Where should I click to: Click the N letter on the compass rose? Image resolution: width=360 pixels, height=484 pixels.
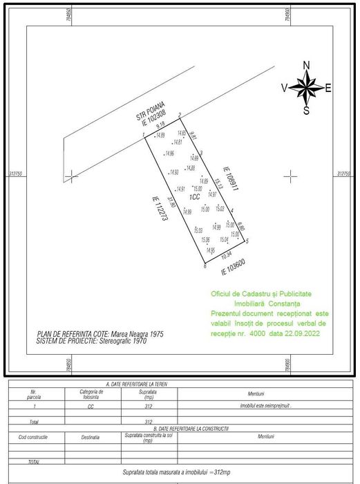(306, 66)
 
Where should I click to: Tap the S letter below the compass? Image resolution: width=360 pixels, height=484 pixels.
(306, 110)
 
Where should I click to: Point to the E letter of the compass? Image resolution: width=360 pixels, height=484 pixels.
(328, 88)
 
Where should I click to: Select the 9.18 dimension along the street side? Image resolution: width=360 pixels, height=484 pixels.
(160, 127)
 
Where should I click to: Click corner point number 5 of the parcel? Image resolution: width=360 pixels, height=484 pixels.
(247, 241)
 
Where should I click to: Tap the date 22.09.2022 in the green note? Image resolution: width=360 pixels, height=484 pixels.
(306, 333)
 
